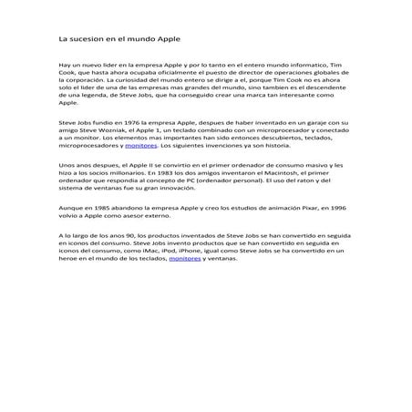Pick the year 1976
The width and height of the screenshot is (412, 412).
(x=124, y=120)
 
